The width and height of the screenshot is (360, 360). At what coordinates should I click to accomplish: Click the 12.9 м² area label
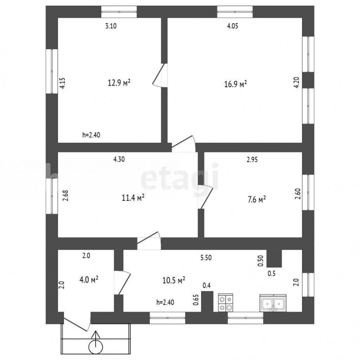[119, 83]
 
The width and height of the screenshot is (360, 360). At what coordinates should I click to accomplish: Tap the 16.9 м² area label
[236, 84]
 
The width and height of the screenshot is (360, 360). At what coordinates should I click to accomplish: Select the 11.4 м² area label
[133, 198]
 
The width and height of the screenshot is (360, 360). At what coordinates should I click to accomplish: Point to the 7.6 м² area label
[256, 199]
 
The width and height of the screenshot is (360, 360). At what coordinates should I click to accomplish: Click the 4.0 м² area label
[89, 280]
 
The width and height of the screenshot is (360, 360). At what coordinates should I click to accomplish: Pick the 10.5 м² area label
[174, 280]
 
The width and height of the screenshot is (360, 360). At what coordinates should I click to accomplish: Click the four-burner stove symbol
[226, 303]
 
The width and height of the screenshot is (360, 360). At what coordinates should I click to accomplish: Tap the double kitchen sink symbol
[273, 303]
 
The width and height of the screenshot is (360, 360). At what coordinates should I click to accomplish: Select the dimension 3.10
[111, 26]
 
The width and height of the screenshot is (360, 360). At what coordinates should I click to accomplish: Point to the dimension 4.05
[232, 26]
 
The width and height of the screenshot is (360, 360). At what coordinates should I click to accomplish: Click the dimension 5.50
[206, 258]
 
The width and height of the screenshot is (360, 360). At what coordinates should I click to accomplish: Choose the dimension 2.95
[252, 159]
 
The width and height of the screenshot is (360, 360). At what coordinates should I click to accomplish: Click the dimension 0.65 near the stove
[196, 300]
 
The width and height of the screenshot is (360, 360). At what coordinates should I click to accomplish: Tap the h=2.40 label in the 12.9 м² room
[91, 135]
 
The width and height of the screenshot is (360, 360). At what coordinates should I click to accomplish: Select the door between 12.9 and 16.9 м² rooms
[160, 75]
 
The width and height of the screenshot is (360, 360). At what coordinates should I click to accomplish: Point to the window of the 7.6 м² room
[308, 192]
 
